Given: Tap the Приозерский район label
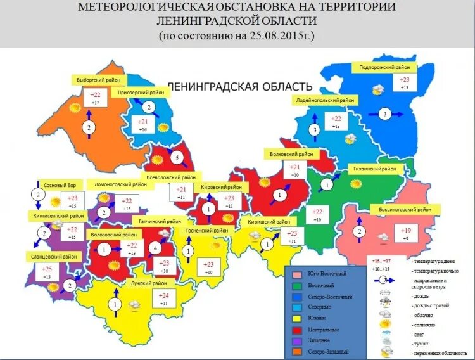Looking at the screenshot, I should (141, 93).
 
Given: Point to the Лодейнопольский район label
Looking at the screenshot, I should (325, 100).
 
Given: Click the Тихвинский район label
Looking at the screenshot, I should (376, 169).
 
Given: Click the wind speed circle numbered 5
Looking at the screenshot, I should (178, 157).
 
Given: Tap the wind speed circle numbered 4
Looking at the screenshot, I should (156, 248).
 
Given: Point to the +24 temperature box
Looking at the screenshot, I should (163, 299).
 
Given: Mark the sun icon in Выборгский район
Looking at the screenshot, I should (75, 109).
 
